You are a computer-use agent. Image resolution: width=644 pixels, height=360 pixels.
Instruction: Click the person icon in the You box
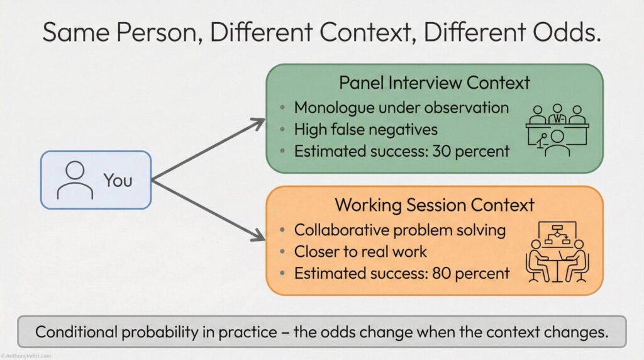75,180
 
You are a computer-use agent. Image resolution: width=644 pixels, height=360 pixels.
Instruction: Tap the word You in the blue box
118,180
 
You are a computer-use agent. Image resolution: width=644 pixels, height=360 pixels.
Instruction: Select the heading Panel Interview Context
435,83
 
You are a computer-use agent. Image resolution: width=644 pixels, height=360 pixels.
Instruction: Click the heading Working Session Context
435,205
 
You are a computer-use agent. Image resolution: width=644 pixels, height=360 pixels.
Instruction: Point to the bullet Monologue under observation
401,108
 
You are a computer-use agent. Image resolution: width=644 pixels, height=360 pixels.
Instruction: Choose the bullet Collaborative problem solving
400,230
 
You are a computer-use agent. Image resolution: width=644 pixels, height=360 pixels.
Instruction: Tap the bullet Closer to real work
360,252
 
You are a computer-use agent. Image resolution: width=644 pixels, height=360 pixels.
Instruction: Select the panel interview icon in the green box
557,129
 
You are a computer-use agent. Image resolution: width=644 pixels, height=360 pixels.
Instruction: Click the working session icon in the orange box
557,252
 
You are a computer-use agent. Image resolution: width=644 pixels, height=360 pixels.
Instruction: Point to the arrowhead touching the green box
259,122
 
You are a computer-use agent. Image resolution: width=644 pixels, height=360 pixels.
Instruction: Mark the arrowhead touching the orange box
259,237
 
